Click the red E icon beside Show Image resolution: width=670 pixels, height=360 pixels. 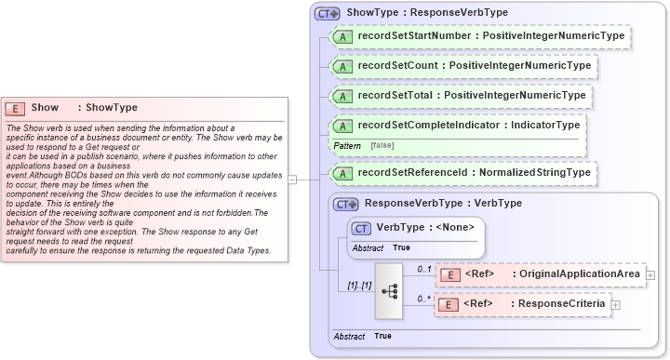[16, 108]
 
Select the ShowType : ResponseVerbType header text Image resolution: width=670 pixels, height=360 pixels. [426, 13]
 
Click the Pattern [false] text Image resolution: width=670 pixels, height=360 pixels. [363, 146]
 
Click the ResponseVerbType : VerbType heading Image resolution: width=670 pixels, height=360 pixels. [443, 203]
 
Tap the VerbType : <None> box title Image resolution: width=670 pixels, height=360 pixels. [425, 226]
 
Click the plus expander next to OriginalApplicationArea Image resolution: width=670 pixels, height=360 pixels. [650, 274]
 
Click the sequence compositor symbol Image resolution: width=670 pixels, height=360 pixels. [390, 289]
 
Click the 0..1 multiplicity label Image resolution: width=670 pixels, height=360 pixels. [424, 268]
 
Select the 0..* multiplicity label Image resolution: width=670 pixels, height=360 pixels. [424, 299]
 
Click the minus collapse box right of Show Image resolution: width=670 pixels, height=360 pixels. [292, 180]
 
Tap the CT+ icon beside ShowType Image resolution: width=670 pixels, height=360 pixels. [327, 14]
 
